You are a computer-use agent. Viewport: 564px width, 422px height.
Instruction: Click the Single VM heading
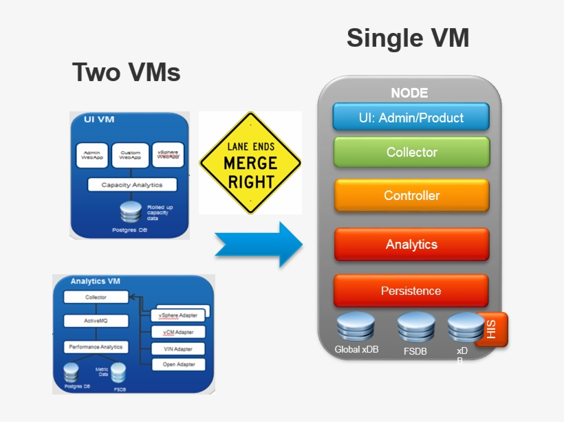click(407, 38)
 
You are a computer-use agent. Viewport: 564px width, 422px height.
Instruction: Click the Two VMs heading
click(127, 72)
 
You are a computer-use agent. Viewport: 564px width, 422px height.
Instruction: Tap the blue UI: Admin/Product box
click(411, 118)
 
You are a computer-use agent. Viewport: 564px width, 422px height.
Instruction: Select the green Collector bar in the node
click(411, 153)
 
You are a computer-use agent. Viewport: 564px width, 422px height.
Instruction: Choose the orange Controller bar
click(411, 196)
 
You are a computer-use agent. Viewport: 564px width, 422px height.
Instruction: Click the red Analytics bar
click(411, 245)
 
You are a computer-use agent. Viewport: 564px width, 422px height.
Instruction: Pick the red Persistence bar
click(411, 291)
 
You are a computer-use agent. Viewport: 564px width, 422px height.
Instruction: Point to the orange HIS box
click(491, 329)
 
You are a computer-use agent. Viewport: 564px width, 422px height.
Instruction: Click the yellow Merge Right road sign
click(250, 164)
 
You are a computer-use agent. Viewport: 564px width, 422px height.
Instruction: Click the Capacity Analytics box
click(131, 185)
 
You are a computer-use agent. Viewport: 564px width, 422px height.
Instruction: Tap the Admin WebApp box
click(91, 155)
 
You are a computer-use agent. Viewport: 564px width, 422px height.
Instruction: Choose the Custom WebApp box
click(130, 155)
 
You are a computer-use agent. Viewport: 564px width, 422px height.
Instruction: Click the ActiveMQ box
click(96, 321)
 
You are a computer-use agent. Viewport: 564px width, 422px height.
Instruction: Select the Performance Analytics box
click(96, 347)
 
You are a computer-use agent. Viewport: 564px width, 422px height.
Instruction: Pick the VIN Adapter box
click(177, 349)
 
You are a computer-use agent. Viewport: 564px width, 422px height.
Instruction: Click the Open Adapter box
click(177, 364)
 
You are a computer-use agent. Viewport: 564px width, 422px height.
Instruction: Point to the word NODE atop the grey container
click(409, 93)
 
